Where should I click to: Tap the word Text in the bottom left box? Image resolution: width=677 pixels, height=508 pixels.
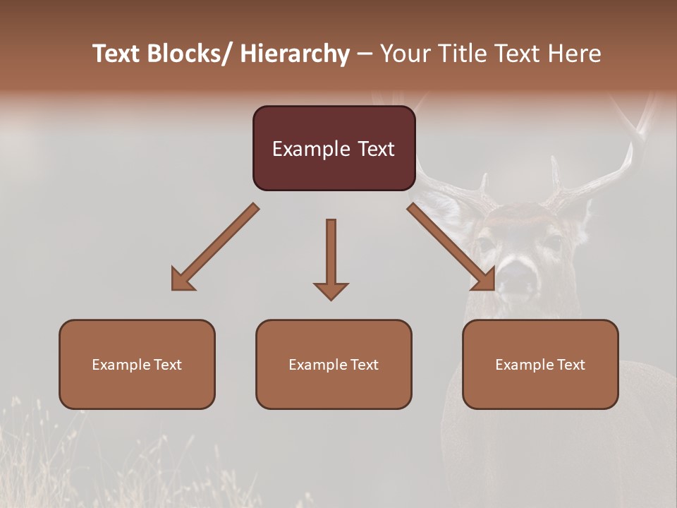(168, 365)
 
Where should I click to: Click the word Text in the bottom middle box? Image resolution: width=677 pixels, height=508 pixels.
(365, 365)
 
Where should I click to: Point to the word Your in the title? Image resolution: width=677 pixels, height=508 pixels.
(404, 54)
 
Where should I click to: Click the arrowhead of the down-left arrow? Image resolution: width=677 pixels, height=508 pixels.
(182, 280)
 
